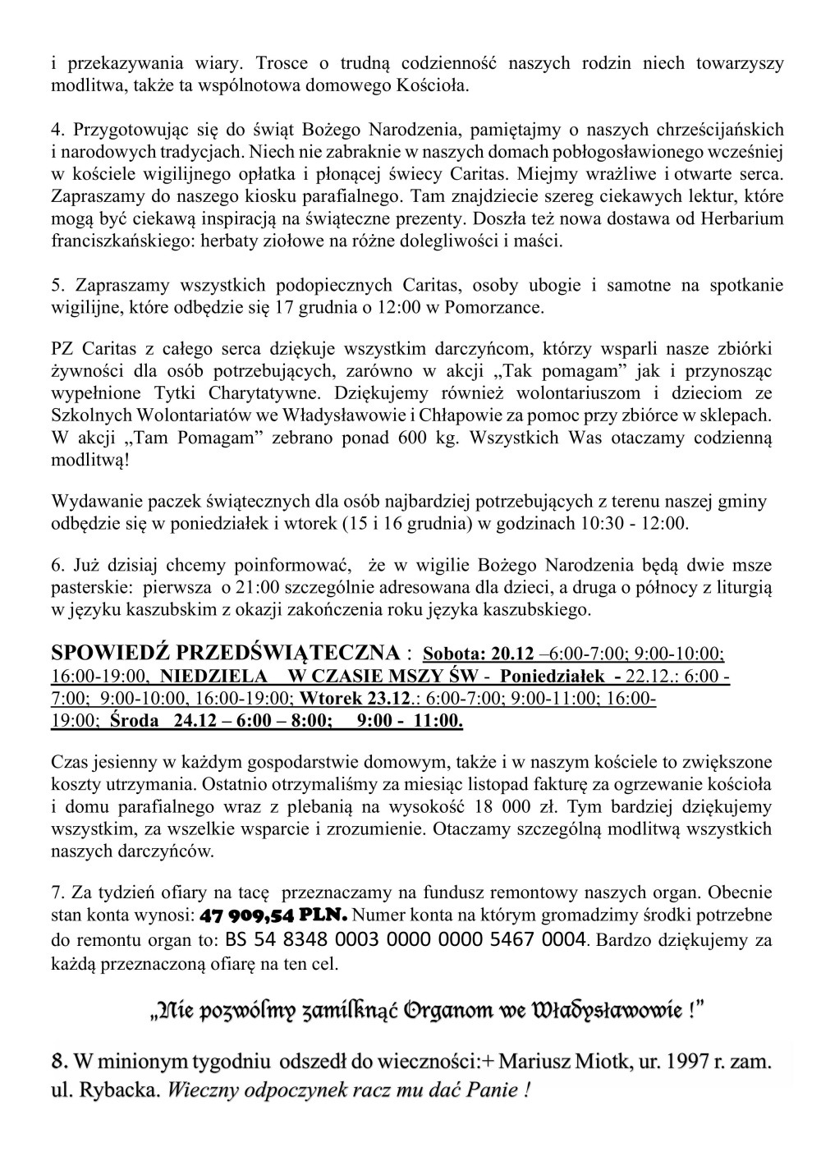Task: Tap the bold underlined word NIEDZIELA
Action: coord(214,677)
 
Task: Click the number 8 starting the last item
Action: coord(58,1062)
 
